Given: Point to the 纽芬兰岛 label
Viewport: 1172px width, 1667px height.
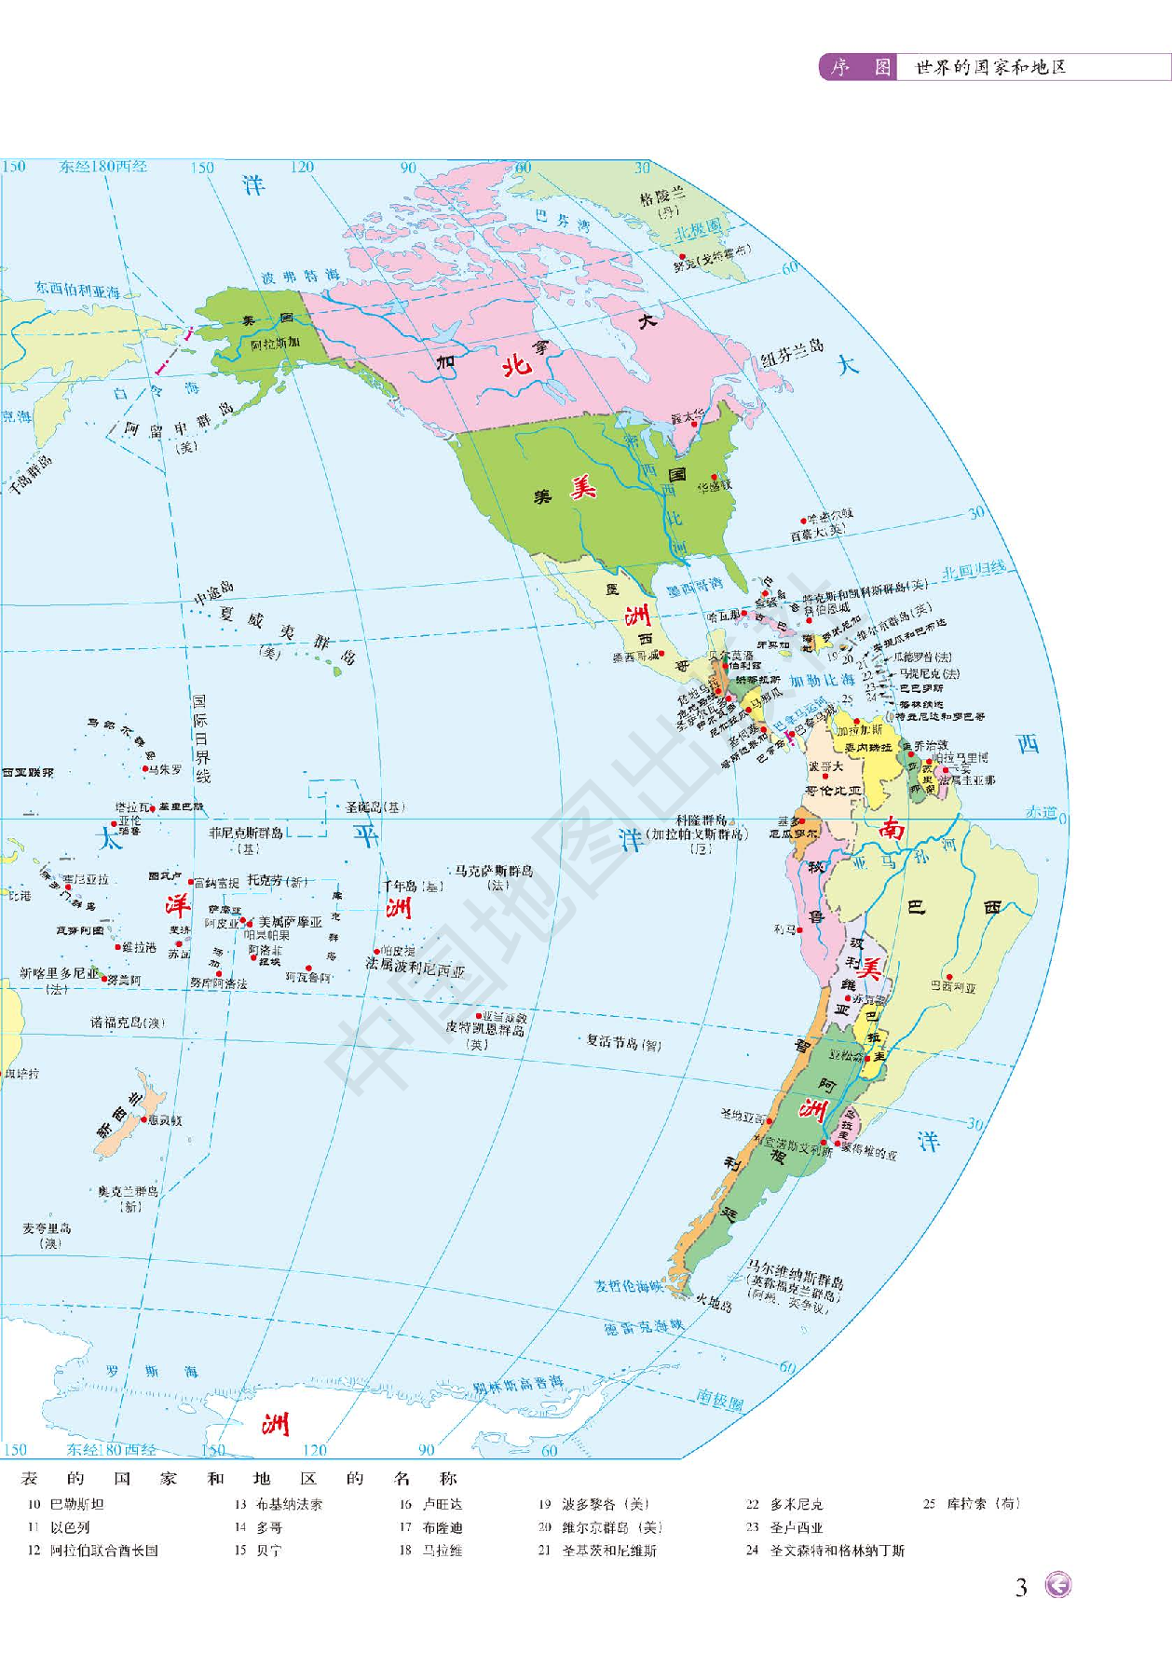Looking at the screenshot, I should coord(792,352).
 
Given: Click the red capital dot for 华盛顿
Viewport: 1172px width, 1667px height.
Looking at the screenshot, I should coord(715,477).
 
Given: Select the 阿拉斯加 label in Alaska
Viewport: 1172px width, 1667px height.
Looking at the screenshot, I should coord(275,344).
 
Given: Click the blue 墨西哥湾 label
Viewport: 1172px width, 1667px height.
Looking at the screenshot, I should coord(694,587).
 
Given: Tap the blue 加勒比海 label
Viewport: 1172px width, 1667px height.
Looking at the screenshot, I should coord(822,681).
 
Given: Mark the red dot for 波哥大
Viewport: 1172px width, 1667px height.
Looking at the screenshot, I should coord(824,776).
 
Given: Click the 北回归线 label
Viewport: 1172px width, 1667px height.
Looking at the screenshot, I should coord(974,570).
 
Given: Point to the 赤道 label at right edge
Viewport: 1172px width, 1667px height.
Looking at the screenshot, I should coord(1041,812).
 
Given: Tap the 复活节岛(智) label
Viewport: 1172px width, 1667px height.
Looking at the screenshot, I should coord(623,1042).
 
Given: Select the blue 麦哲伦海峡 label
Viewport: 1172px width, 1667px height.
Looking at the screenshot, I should coord(629,1286).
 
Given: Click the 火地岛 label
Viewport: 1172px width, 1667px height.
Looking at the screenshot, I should coord(714,1303).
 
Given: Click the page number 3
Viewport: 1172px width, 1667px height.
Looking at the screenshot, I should coord(1021,1587).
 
